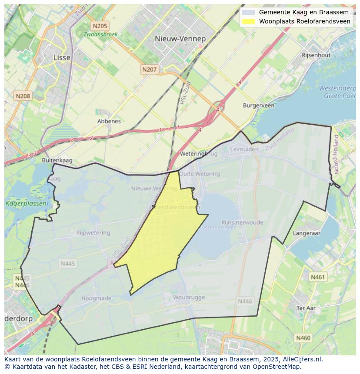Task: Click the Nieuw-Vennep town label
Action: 180,39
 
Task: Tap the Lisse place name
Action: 61,57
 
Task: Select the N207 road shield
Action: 149,70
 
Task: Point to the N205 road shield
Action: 100,26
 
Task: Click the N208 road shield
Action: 23,96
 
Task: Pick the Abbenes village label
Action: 109,121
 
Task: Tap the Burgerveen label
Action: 259,106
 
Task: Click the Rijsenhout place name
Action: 316,55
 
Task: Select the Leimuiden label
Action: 244,149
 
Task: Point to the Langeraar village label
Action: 307,233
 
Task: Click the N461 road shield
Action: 318,277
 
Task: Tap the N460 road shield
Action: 303,338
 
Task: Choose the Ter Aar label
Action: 306,308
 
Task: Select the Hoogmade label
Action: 97,298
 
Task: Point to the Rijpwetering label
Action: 93,233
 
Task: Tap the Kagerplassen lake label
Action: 20,203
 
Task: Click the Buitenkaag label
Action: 57,160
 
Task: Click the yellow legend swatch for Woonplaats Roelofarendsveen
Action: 249,21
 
